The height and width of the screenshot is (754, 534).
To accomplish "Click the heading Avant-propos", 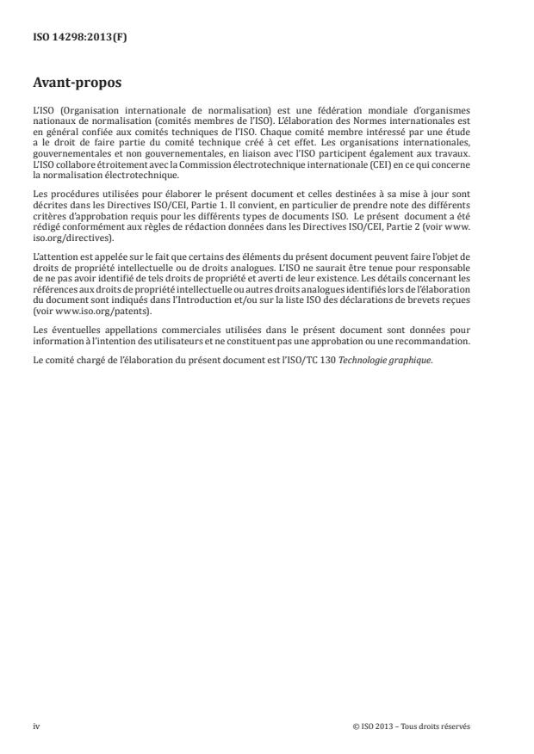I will (74, 84).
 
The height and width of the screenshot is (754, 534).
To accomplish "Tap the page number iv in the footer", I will (36, 726).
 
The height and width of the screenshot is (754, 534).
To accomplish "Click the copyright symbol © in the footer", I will (355, 726).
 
